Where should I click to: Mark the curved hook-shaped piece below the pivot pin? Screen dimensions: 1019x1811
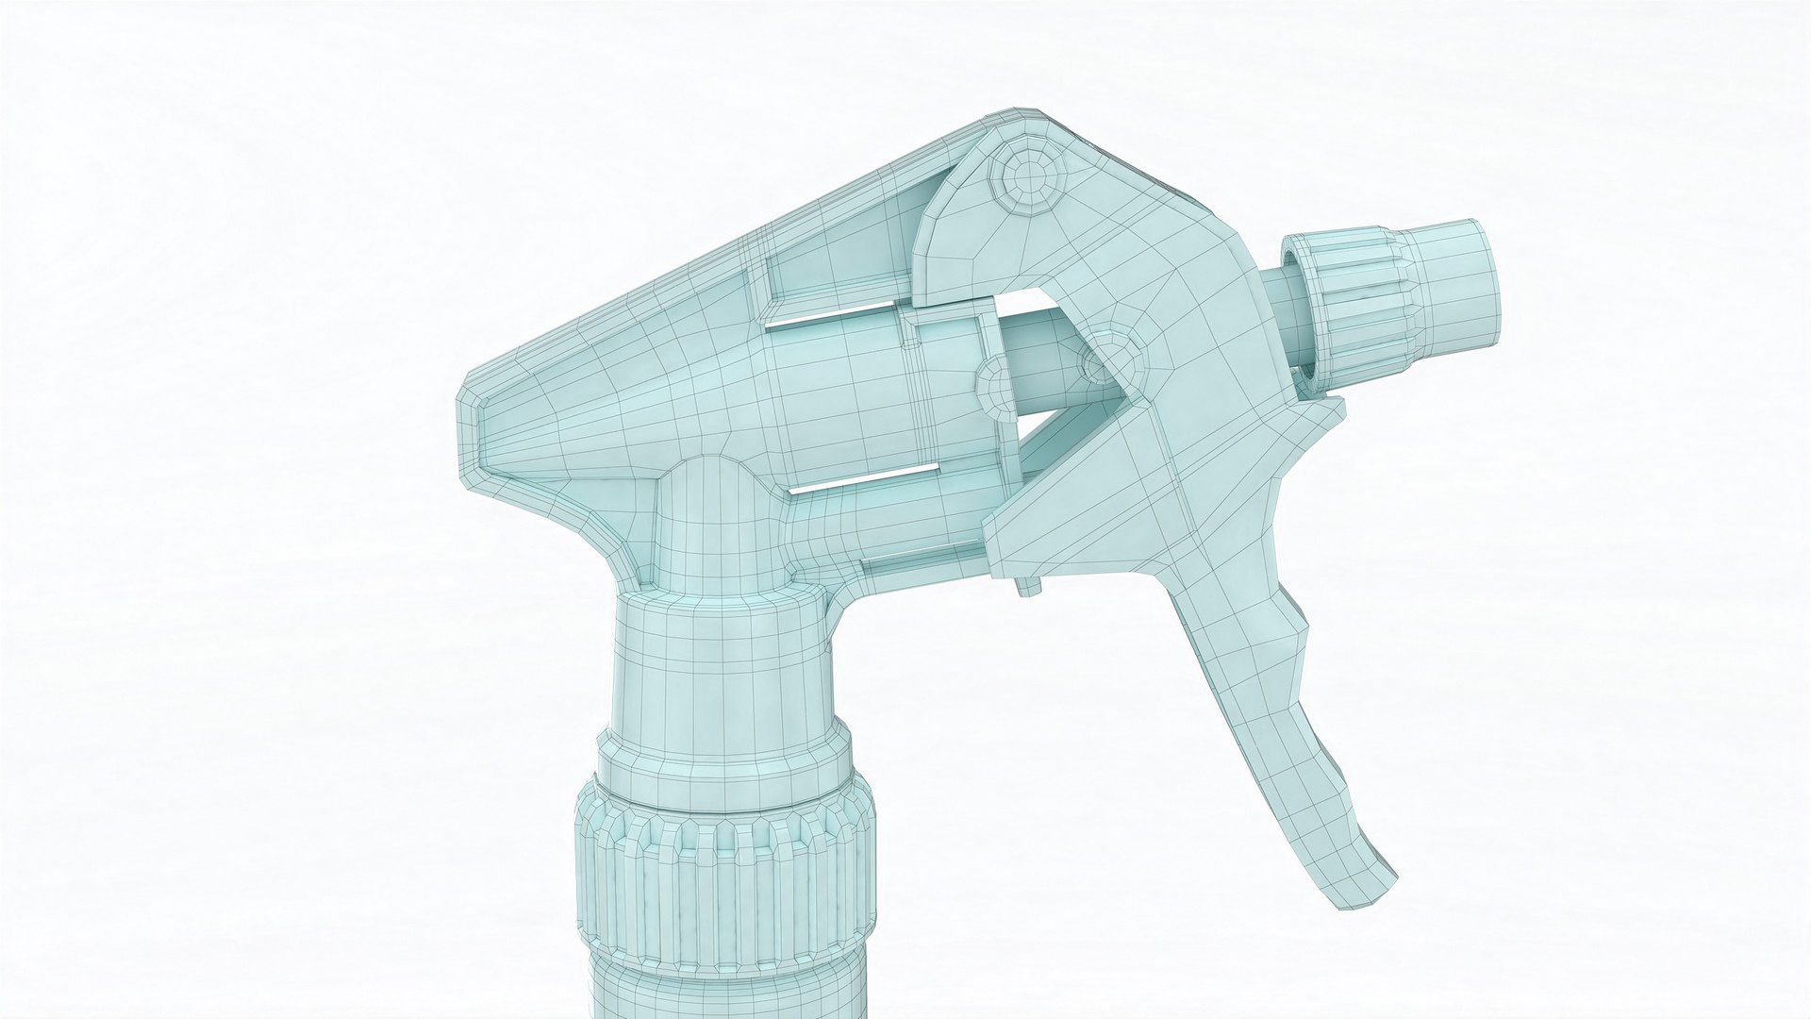pos(953,245)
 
